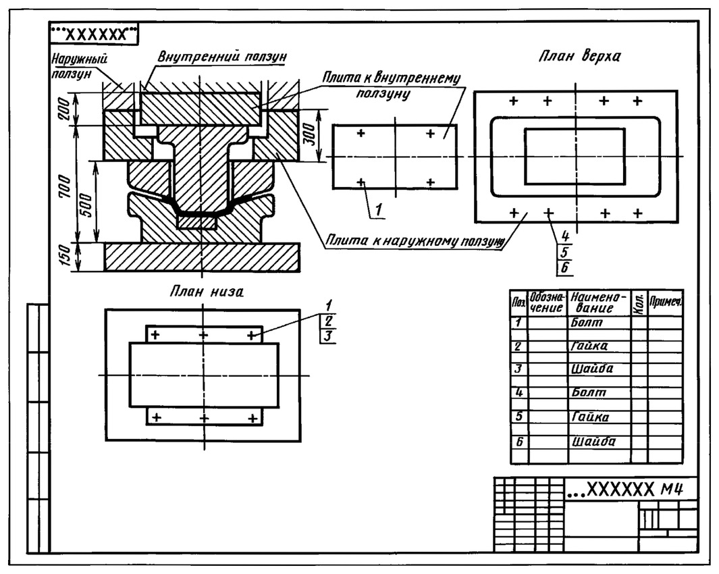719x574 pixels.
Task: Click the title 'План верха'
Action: (x=580, y=56)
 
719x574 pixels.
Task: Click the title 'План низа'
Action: (x=207, y=291)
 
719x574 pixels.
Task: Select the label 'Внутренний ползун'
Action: (x=222, y=57)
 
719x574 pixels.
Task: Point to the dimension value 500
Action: (x=86, y=205)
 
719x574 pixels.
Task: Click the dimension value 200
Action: (x=65, y=109)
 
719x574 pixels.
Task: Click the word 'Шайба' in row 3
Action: (x=592, y=369)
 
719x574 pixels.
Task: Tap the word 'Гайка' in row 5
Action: (x=590, y=417)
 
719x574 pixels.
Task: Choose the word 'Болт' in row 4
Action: (x=588, y=392)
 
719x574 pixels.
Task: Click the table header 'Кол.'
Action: (x=638, y=303)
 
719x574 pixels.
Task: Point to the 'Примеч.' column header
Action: (x=666, y=303)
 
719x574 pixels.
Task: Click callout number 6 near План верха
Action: (x=565, y=267)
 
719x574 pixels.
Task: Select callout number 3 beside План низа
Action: (x=327, y=336)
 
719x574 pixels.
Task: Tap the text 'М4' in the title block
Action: (x=672, y=490)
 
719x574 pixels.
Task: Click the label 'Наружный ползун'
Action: (x=78, y=66)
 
